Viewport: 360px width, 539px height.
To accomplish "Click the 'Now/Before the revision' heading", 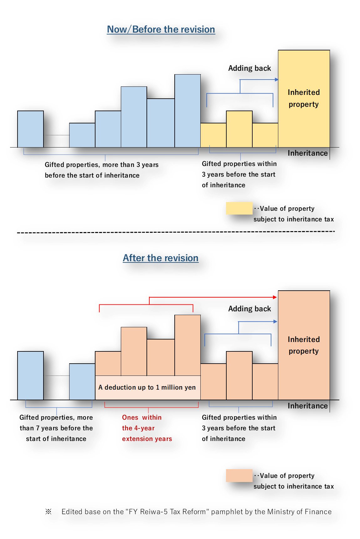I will tap(161, 29).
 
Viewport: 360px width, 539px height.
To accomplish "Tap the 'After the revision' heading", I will tap(160, 258).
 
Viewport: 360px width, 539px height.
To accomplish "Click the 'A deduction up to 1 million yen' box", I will tap(147, 387).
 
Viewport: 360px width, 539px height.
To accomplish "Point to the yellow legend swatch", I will tap(239, 208).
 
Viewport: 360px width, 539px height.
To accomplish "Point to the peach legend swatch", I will tap(239, 475).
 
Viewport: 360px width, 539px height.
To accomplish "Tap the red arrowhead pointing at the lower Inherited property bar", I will tap(275, 297).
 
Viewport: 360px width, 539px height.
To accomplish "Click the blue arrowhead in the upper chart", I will tap(276, 80).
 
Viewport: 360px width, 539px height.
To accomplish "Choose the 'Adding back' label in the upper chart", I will tap(249, 68).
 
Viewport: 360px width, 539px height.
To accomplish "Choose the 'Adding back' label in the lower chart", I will tap(249, 309).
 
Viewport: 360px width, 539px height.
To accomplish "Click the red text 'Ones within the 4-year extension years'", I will tap(147, 428).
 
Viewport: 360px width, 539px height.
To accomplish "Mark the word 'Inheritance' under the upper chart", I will tap(307, 153).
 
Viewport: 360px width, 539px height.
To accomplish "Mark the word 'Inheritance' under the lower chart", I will tap(307, 406).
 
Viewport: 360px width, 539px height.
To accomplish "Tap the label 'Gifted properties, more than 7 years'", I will tap(56, 428).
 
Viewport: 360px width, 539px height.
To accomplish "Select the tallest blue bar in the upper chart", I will tap(188, 111).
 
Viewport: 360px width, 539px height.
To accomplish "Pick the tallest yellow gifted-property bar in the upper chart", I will tap(239, 129).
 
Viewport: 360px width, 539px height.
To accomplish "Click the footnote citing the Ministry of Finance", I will tap(196, 512).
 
